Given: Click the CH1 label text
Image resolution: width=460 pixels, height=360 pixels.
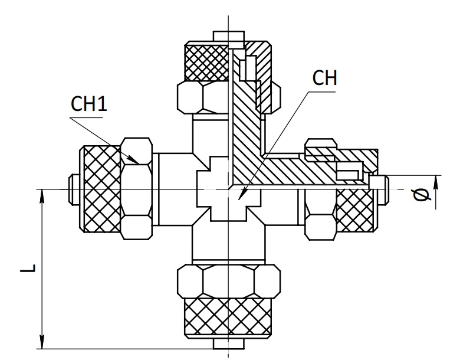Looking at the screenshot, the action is click(89, 104).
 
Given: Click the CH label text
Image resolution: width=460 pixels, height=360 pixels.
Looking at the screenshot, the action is click(325, 78).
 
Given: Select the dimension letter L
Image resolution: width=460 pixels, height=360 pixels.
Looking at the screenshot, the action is click(28, 268).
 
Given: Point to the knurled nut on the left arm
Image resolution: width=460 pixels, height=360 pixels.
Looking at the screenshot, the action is click(100, 189).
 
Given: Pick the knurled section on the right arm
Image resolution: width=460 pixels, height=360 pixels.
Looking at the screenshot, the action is click(356, 211).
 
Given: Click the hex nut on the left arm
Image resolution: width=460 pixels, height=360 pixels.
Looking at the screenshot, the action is click(137, 189).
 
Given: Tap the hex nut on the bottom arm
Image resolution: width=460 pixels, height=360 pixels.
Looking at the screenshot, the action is click(229, 282).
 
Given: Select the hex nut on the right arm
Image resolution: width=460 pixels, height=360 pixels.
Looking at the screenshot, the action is click(320, 215).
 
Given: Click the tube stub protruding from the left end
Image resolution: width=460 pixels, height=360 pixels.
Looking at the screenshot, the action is click(74, 189).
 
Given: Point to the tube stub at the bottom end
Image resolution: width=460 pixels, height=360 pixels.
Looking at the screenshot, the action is click(229, 344).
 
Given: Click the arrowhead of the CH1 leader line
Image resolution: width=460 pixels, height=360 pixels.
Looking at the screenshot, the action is click(133, 161).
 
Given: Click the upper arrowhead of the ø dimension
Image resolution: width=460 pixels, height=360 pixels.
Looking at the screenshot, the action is click(436, 182).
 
